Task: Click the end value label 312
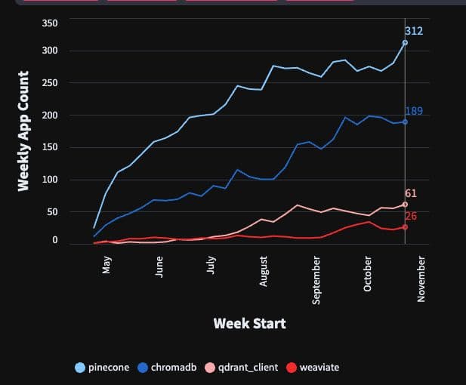pyautogui.click(x=414, y=31)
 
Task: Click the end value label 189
pyautogui.click(x=414, y=111)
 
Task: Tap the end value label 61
pyautogui.click(x=411, y=193)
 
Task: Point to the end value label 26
pyautogui.click(x=411, y=216)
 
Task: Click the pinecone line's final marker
pyautogui.click(x=405, y=43)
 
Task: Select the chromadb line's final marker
pyautogui.click(x=405, y=122)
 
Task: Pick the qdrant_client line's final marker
pyautogui.click(x=405, y=205)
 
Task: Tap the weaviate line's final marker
pyautogui.click(x=405, y=226)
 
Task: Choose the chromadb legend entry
pyautogui.click(x=168, y=368)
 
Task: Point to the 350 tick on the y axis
pyautogui.click(x=50, y=23)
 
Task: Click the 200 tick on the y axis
pyautogui.click(x=50, y=115)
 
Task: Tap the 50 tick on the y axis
pyautogui.click(x=52, y=212)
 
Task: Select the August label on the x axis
pyautogui.click(x=264, y=271)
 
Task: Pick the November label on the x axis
pyautogui.click(x=421, y=279)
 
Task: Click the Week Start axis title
pyautogui.click(x=249, y=324)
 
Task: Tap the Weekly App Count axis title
pyautogui.click(x=24, y=131)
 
